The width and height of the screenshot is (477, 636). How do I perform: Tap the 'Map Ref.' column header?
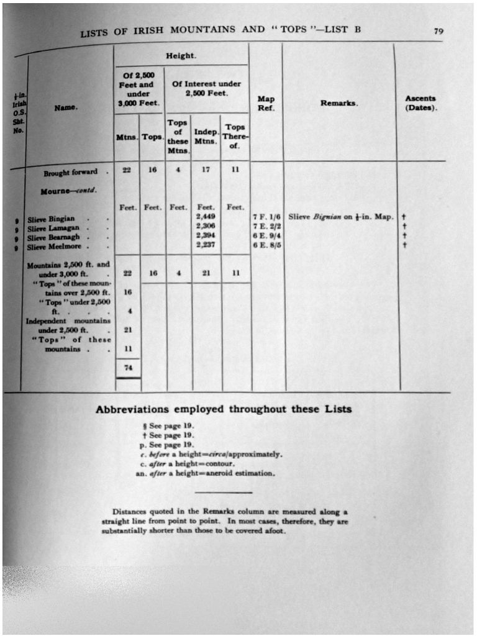coord(266,103)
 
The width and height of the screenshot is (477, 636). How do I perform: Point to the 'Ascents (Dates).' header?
coord(421,102)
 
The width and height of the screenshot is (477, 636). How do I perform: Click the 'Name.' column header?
coord(65,107)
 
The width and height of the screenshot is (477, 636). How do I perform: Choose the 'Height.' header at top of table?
coord(181,56)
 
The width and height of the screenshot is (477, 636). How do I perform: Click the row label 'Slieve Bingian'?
coord(52,219)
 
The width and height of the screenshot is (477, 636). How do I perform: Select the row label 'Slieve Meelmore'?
coord(54,247)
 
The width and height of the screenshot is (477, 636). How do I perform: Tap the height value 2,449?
coord(205,217)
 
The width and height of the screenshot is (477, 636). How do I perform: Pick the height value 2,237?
coord(205,245)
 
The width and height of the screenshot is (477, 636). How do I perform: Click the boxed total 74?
coord(128,368)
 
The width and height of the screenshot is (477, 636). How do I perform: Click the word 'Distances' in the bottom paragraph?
coord(129,512)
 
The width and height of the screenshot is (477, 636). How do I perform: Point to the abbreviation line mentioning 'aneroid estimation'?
coord(205,473)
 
